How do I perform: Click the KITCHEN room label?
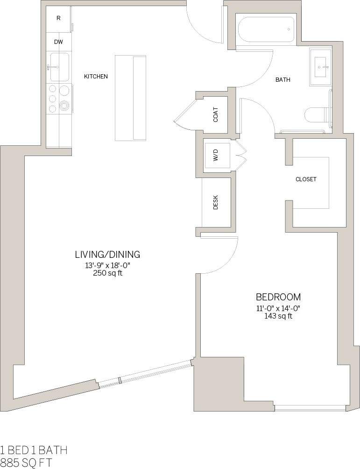[96, 76]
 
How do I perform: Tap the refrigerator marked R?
[58, 19]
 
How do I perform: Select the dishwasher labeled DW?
[58, 42]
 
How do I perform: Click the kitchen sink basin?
[59, 67]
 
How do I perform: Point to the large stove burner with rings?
[64, 106]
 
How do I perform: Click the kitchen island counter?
[130, 98]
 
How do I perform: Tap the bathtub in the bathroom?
[266, 29]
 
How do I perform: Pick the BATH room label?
[282, 80]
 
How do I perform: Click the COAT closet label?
[216, 115]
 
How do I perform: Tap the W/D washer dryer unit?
[217, 156]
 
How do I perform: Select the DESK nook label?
[216, 202]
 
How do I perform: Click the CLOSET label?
[306, 179]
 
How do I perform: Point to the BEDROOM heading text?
[278, 297]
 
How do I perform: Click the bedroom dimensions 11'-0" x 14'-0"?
[278, 308]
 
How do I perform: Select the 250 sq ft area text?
[108, 274]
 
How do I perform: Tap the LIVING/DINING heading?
[107, 255]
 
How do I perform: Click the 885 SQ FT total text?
[26, 462]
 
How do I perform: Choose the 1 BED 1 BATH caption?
[34, 450]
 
